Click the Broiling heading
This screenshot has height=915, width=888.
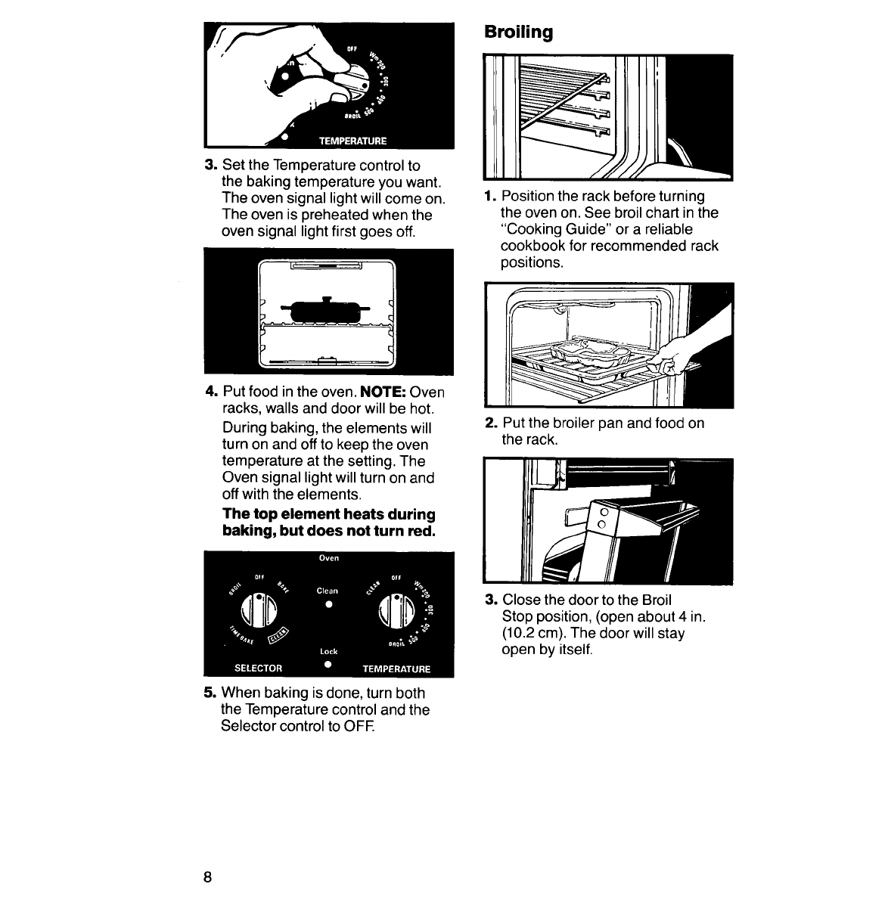point(518,33)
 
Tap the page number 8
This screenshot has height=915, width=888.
point(207,877)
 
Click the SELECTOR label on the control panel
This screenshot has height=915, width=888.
point(258,668)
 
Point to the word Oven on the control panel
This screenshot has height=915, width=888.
point(328,559)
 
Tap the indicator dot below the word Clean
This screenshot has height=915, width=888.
point(328,606)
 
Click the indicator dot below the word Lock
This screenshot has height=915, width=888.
point(328,664)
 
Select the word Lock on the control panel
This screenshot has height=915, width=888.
point(328,651)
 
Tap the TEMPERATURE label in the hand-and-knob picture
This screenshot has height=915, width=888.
point(352,141)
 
